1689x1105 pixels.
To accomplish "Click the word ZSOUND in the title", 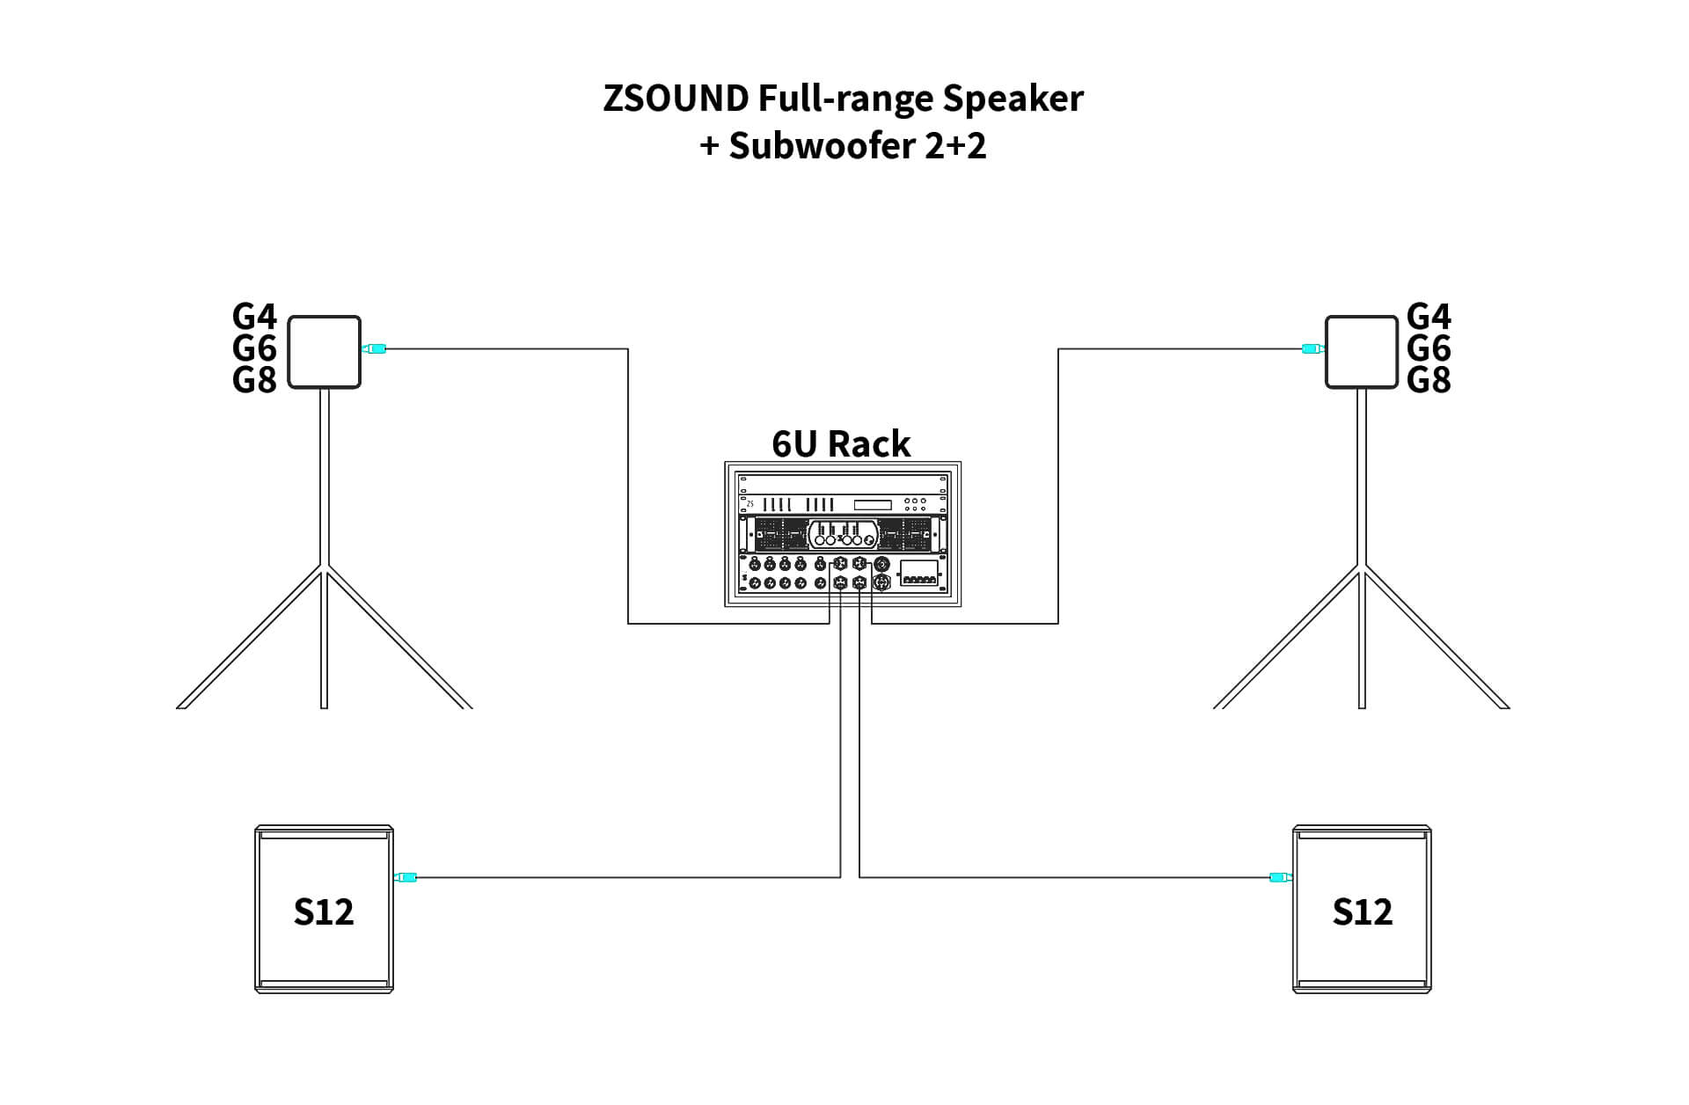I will pos(675,98).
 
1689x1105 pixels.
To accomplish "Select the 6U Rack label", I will pos(841,444).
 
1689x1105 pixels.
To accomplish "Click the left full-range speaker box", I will pos(325,352).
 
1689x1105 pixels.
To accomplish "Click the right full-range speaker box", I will pos(1361,352).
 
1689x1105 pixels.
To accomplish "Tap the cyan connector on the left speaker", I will pos(376,349).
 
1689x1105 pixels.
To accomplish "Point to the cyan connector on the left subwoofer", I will pos(406,876).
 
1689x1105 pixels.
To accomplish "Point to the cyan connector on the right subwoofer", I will pos(1280,876).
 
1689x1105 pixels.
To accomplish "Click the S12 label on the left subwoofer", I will pos(324,911).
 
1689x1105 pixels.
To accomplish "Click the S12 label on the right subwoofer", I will pos(1362,911).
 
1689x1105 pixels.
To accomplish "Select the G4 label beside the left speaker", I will pos(254,316).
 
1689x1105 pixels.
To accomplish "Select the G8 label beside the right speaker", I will pos(1429,380).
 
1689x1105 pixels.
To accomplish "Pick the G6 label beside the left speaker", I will pos(254,348).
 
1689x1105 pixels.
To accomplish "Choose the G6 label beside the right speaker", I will pos(1429,348).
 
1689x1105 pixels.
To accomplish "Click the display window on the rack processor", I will pos(872,505).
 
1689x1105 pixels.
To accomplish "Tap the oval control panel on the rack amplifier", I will pos(843,534).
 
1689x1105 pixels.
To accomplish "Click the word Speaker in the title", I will pos(1013,98).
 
